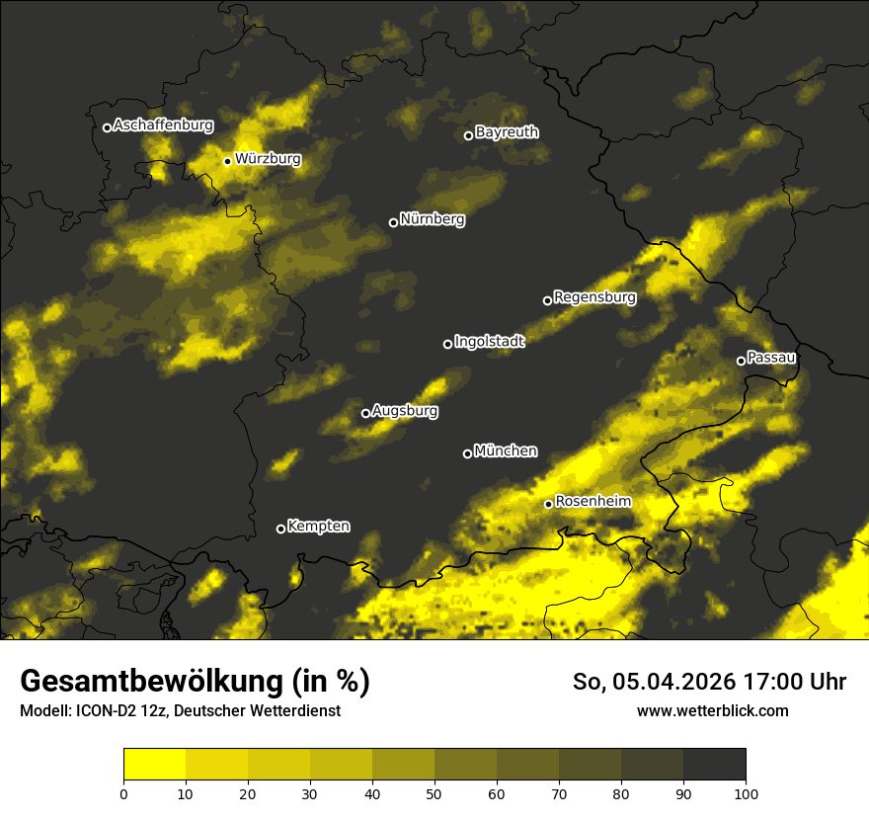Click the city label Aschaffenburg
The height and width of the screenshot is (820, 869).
click(163, 125)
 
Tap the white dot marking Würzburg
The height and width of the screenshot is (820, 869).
click(227, 161)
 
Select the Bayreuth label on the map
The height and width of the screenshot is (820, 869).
click(507, 132)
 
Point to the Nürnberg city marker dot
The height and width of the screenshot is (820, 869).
click(393, 222)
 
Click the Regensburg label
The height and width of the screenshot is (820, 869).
click(594, 297)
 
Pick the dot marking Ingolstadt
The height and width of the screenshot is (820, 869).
click(447, 344)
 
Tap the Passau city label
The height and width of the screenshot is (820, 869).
click(771, 358)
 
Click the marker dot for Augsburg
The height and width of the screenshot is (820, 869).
click(365, 413)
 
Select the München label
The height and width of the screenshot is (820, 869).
click(506, 451)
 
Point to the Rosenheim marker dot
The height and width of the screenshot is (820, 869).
click(548, 504)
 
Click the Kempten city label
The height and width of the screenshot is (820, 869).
click(318, 527)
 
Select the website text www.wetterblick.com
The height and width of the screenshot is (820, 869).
click(712, 710)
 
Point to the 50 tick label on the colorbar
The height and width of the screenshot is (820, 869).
click(434, 792)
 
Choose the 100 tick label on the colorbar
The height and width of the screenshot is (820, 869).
click(745, 792)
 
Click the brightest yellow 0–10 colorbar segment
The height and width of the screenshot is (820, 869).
click(154, 764)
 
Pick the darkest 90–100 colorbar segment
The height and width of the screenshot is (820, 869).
click(714, 764)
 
